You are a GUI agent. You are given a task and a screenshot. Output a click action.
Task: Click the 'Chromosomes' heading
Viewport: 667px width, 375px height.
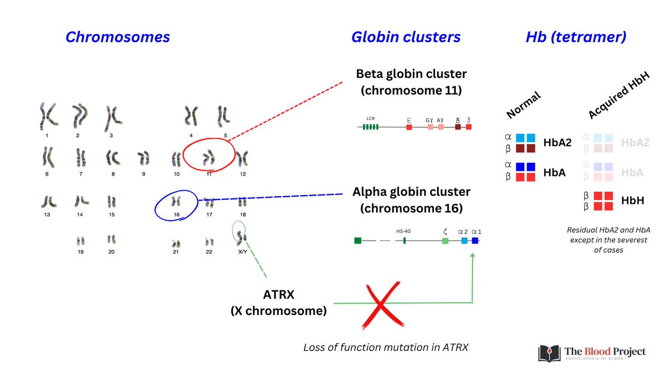pyautogui.click(x=117, y=37)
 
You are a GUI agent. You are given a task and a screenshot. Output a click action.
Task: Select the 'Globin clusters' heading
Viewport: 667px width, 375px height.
pyautogui.click(x=406, y=37)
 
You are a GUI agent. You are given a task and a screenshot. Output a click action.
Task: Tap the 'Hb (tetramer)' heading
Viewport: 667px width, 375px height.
pyautogui.click(x=576, y=37)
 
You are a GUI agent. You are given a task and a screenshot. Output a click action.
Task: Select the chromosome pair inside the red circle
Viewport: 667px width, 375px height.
pyautogui.click(x=208, y=157)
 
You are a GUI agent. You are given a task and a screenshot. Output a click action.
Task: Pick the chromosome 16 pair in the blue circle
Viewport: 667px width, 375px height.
pyautogui.click(x=176, y=201)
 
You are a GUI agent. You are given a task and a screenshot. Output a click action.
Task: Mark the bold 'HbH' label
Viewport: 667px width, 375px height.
pyautogui.click(x=633, y=201)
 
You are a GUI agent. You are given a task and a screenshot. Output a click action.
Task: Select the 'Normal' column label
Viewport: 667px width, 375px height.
pyautogui.click(x=523, y=106)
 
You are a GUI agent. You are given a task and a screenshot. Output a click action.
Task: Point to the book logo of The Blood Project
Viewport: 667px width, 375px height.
pyautogui.click(x=547, y=354)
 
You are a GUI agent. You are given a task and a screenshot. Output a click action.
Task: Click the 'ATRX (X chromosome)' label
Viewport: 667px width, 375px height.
pyautogui.click(x=278, y=303)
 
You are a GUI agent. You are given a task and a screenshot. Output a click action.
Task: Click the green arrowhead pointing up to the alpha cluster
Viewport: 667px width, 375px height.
pyautogui.click(x=472, y=255)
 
